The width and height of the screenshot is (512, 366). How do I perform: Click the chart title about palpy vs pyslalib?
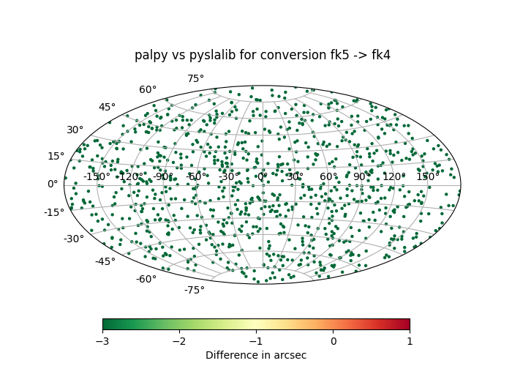(262, 55)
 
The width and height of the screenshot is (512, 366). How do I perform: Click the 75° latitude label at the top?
(195, 79)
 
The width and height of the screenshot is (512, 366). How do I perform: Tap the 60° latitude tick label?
(148, 90)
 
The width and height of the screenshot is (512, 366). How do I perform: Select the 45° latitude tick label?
(107, 108)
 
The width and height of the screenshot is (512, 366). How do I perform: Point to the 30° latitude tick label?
(75, 130)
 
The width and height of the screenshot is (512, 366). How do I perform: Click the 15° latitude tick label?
(56, 156)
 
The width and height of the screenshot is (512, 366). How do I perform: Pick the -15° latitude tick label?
(54, 212)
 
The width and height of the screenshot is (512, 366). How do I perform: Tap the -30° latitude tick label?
(73, 239)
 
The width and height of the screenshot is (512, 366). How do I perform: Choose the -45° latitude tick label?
(105, 261)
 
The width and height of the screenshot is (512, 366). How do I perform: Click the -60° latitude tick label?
(146, 279)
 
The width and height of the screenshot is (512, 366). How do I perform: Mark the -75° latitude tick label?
(194, 290)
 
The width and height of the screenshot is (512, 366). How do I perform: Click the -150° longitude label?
(97, 176)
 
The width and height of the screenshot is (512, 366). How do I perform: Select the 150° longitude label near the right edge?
(427, 176)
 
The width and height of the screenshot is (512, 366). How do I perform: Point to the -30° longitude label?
(229, 176)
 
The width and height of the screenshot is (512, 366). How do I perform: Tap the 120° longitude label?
(394, 176)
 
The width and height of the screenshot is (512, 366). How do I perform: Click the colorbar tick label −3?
(102, 341)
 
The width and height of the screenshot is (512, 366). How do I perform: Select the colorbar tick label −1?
(256, 341)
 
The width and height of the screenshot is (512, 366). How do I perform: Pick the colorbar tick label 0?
(333, 341)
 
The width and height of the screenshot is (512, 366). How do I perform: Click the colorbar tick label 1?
(410, 341)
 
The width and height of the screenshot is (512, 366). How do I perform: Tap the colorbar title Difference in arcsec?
(256, 355)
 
